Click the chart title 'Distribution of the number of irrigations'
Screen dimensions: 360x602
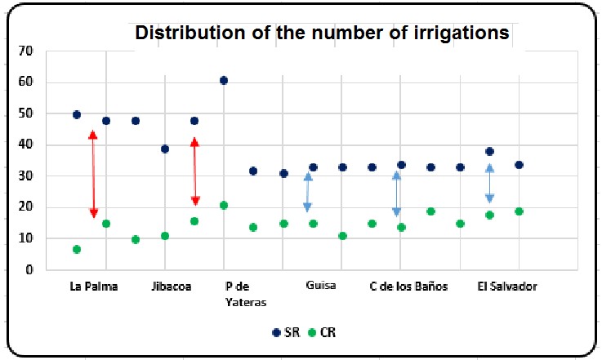point(322,33)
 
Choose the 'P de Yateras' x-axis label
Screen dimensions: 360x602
point(246,293)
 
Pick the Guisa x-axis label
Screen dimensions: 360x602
point(321,287)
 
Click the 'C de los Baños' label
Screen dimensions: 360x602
point(408,287)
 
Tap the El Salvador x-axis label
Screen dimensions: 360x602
point(506,287)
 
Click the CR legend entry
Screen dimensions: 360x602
point(321,333)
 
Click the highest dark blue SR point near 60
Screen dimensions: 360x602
point(224,80)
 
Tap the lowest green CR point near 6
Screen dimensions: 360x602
point(77,249)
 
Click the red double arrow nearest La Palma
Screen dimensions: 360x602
point(93,174)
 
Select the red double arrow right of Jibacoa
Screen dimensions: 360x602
point(194,171)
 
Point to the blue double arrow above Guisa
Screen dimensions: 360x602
point(308,193)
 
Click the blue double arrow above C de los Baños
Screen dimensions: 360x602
point(396,193)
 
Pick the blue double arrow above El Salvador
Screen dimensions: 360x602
point(489,184)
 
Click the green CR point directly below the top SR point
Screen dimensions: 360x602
point(224,205)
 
